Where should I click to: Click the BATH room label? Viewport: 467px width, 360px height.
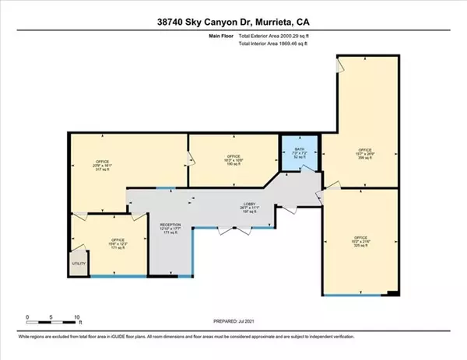pyautogui.click(x=300, y=149)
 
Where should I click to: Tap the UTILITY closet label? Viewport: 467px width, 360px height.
pyautogui.click(x=79, y=264)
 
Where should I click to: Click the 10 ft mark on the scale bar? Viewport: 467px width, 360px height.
pyautogui.click(x=76, y=318)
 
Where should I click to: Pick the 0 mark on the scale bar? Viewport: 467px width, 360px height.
pyautogui.click(x=27, y=318)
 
